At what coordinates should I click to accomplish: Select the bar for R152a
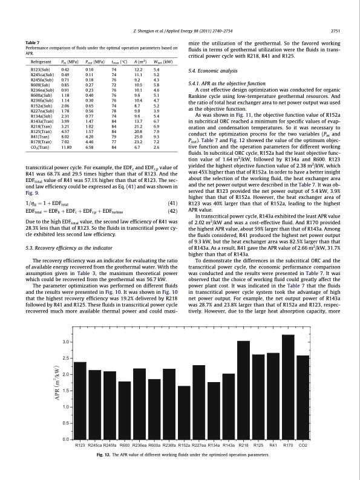[185, 412]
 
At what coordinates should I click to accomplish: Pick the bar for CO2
[303, 397]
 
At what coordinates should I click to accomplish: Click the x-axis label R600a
[154, 446]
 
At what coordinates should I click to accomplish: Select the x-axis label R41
[273, 446]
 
